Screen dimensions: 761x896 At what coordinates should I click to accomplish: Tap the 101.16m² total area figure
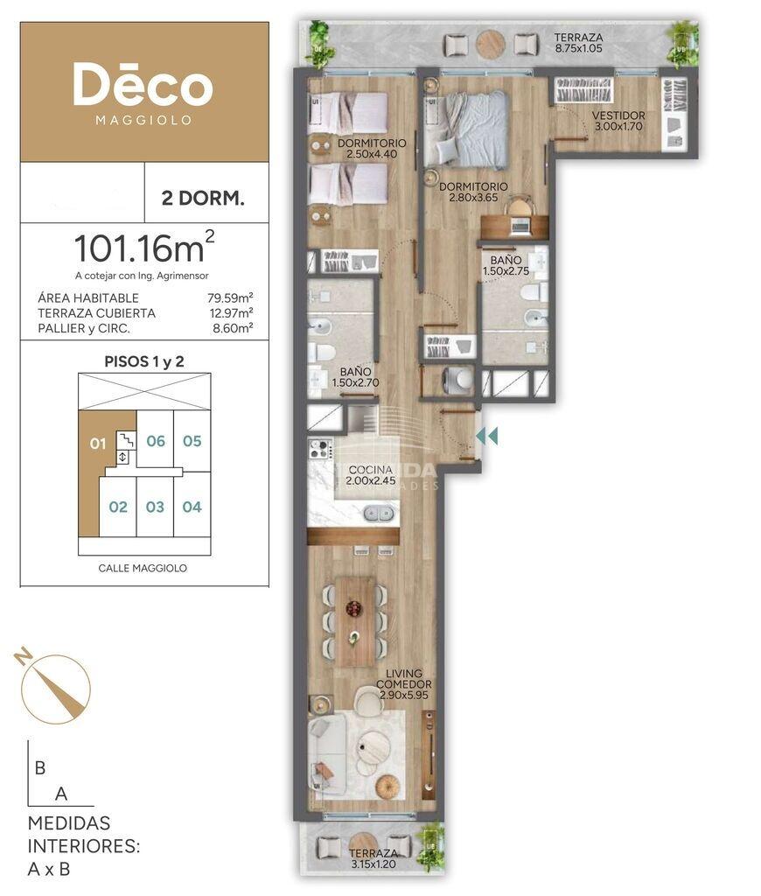(144, 248)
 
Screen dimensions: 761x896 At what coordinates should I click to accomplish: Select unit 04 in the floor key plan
(192, 507)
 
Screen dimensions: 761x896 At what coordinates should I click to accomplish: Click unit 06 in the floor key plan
(156, 441)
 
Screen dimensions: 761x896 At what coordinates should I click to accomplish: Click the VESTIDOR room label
(618, 115)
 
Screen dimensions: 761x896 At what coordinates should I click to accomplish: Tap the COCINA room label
(370, 470)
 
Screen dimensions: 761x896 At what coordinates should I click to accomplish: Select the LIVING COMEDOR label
(404, 679)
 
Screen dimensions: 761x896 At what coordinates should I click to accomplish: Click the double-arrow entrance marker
(486, 436)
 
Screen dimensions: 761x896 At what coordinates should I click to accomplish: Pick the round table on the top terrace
(491, 44)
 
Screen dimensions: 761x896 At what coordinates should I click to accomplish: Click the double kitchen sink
(380, 513)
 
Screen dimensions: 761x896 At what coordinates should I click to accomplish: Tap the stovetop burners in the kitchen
(320, 449)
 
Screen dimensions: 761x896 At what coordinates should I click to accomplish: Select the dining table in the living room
(355, 621)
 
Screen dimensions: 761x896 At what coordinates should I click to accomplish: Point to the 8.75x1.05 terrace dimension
(578, 49)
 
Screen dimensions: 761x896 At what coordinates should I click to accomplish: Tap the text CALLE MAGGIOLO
(143, 568)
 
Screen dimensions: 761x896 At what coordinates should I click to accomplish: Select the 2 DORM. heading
(203, 199)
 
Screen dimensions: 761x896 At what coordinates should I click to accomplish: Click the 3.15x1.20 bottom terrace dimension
(374, 864)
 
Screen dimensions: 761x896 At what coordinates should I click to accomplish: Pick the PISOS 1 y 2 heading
(144, 361)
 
